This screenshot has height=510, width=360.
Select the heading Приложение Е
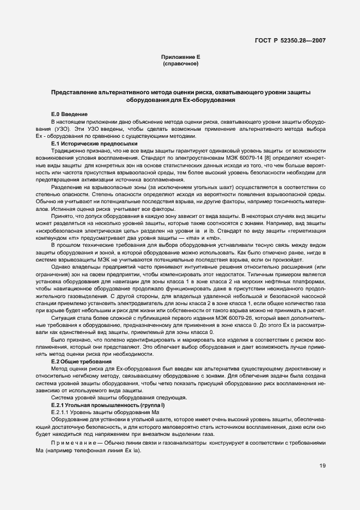coord(180,57)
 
